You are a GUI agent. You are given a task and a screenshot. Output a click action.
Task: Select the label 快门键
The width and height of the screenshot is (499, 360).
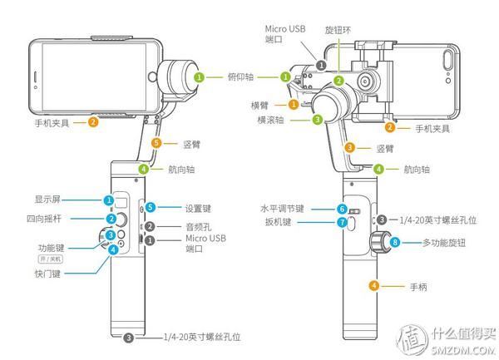click(49, 271)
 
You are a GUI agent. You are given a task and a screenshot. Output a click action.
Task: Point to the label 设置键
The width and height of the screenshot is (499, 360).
click(179, 207)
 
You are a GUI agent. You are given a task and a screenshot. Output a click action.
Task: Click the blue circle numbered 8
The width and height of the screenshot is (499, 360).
click(396, 243)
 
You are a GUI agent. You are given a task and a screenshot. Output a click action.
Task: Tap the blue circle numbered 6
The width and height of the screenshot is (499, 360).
click(341, 209)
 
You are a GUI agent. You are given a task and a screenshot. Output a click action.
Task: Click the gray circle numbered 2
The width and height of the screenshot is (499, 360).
click(150, 226)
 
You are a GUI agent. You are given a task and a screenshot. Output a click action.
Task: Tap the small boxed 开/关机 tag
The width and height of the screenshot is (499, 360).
click(51, 259)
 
